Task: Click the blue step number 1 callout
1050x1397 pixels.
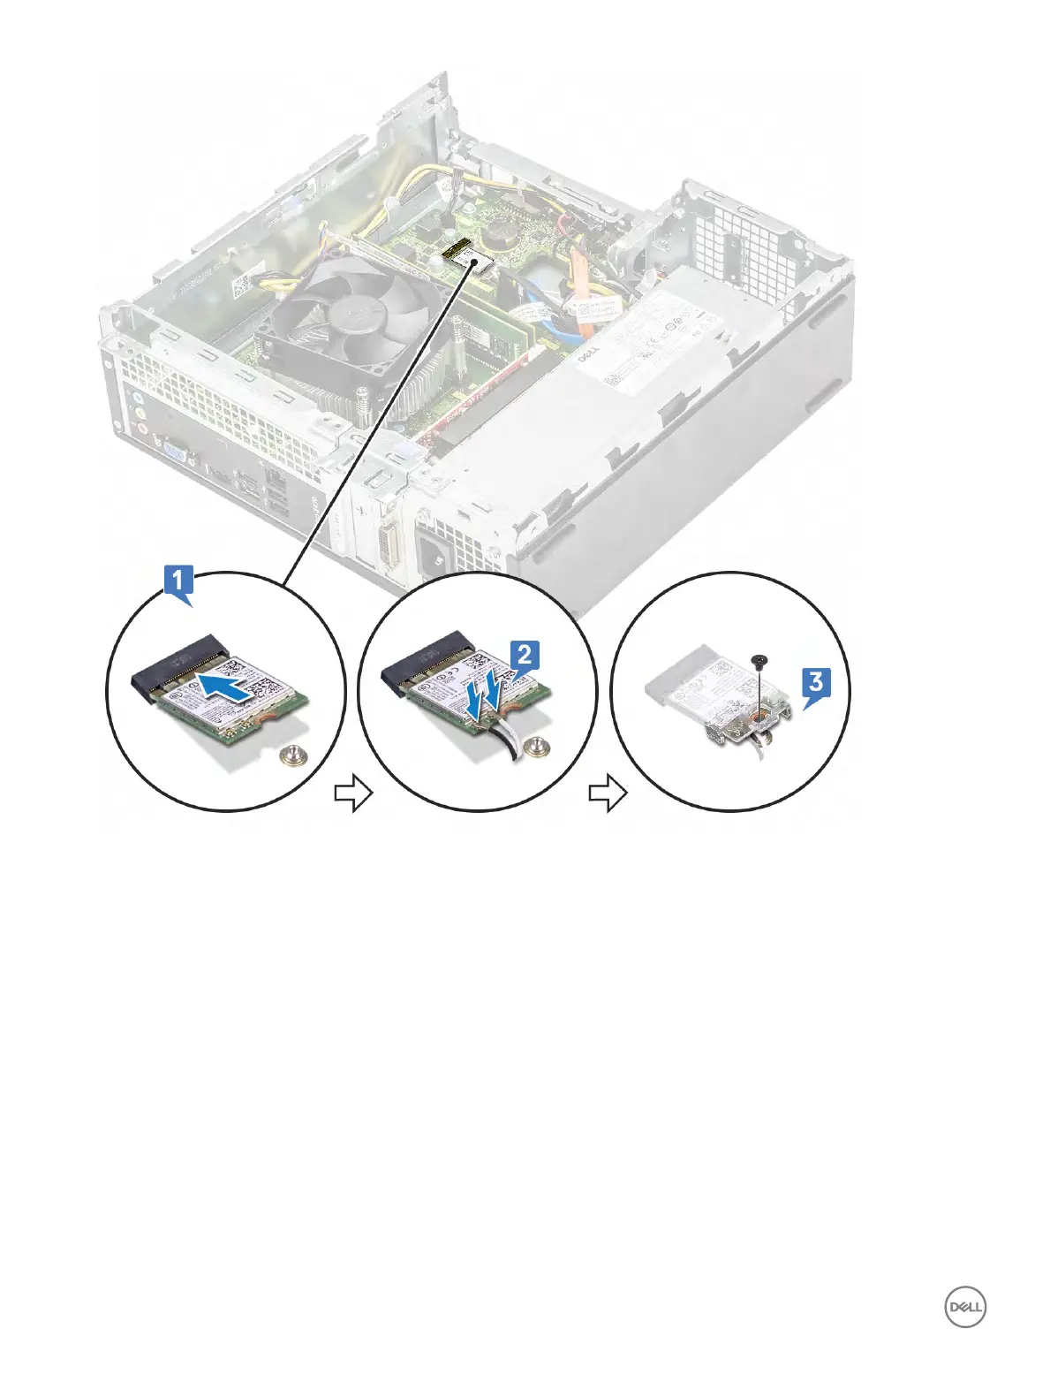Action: pos(178,582)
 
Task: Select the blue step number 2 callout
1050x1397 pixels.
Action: pos(524,655)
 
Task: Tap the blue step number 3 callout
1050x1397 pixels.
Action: pos(816,683)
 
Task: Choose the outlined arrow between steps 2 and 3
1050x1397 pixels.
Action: pos(608,793)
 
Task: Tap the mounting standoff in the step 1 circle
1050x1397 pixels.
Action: pos(286,752)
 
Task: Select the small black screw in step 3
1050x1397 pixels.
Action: pos(758,660)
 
